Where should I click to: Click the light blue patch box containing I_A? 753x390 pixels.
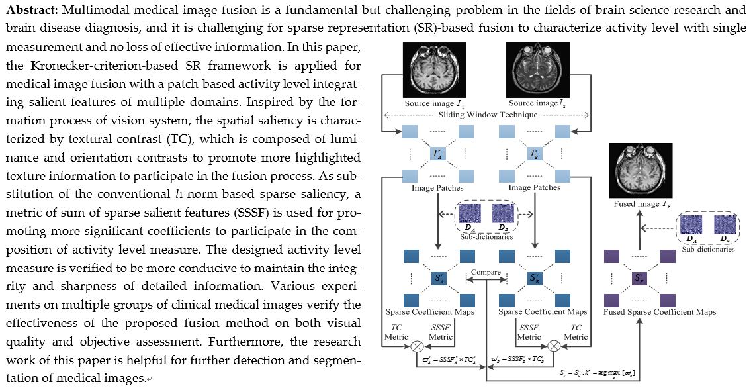[x=436, y=154]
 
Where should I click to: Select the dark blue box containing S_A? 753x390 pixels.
[x=437, y=279]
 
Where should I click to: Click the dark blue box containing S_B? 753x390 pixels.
[x=534, y=279]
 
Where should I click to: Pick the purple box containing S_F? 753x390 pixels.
[x=640, y=279]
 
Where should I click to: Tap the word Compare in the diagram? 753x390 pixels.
[x=486, y=272]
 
